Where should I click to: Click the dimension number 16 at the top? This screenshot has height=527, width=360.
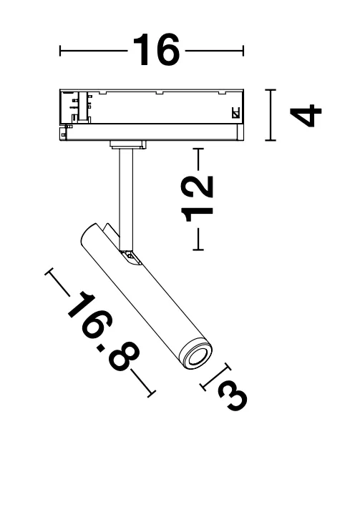[x=156, y=50]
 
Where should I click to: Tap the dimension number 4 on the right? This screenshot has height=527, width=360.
[x=306, y=115]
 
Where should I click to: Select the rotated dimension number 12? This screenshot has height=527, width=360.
[x=197, y=199]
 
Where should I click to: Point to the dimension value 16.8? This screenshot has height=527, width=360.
[x=103, y=330]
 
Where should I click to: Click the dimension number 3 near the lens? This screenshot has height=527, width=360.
[x=233, y=397]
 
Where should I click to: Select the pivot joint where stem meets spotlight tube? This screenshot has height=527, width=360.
[x=131, y=257]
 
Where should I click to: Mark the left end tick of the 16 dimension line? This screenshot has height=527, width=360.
[x=60, y=51]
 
